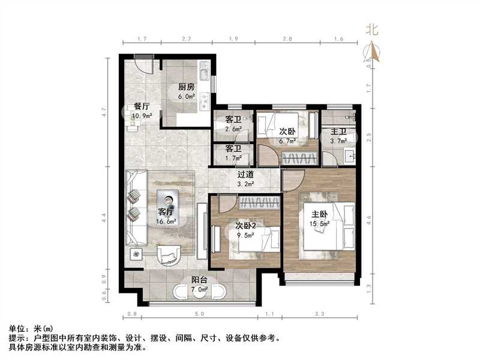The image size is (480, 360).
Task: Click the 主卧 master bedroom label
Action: [x=319, y=214]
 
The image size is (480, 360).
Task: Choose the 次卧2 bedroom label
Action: [x=245, y=227]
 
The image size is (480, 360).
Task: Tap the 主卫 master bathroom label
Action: [x=339, y=132]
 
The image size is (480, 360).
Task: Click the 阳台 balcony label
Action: [x=200, y=280]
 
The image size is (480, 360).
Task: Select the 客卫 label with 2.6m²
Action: [x=233, y=119]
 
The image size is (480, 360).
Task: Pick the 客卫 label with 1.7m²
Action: [x=233, y=148]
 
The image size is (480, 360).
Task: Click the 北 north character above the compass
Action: [x=372, y=29]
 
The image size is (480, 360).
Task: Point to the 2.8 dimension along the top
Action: [x=287, y=38]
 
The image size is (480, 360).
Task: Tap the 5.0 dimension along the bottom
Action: [x=199, y=314]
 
